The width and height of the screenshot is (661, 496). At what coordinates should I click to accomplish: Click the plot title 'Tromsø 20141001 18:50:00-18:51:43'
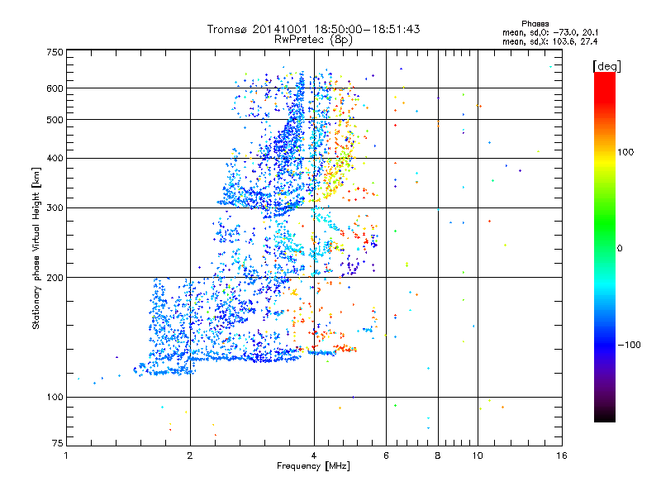click(x=314, y=29)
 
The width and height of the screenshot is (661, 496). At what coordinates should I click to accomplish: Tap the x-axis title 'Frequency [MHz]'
click(x=313, y=466)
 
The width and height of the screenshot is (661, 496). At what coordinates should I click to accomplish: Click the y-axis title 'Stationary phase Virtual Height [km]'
click(x=36, y=248)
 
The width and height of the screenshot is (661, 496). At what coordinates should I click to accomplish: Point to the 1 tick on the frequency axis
click(x=66, y=455)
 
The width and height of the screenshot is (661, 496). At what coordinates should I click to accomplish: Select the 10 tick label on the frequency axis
click(x=477, y=455)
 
